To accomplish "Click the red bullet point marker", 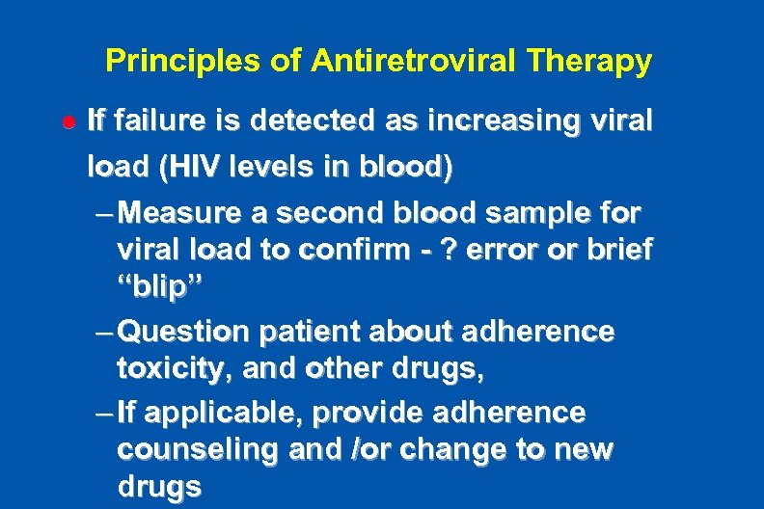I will click(x=69, y=124).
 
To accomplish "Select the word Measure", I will click(x=183, y=210).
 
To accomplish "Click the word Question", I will click(x=187, y=332).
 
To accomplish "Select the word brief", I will click(x=620, y=251).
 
